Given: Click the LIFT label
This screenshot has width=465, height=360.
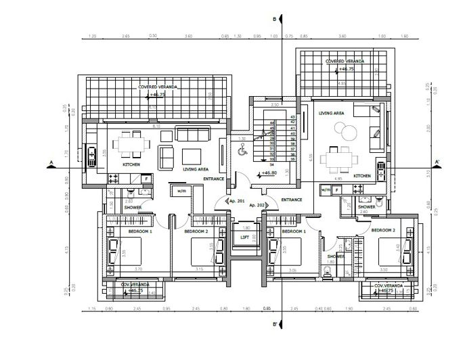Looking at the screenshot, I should [x=244, y=237].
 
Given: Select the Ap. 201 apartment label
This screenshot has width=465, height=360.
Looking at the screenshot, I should [x=236, y=202].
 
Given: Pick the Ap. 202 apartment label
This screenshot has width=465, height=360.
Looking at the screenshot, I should [x=257, y=204].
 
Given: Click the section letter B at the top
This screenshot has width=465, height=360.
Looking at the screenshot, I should [x=274, y=20].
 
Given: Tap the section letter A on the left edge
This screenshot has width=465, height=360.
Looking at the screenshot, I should [x=51, y=163].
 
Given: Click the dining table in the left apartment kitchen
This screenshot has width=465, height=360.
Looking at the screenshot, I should [x=127, y=143].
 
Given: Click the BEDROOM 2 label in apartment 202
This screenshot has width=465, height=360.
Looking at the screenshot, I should [x=383, y=231].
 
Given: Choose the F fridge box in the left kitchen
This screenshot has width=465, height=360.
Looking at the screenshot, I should [x=146, y=178].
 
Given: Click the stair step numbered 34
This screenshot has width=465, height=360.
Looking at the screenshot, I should [x=271, y=164].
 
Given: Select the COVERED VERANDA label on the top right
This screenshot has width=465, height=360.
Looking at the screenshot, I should [x=345, y=62].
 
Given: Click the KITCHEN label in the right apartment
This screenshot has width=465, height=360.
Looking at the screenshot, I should [x=362, y=176].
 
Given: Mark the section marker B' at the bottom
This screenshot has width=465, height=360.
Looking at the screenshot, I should [x=274, y=325].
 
